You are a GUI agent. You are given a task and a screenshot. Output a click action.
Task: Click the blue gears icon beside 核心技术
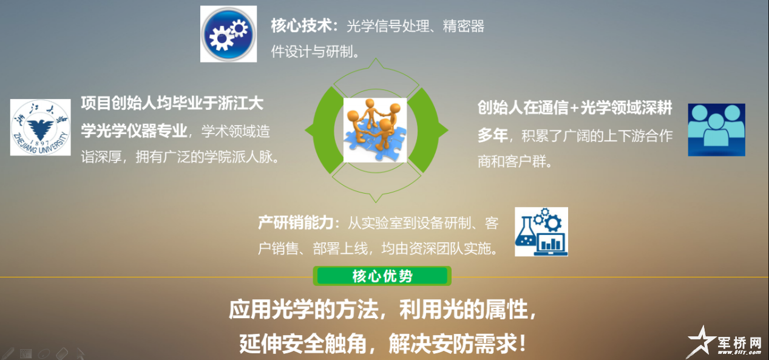click(228, 34)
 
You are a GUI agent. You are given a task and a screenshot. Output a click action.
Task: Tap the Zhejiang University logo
click(41, 127)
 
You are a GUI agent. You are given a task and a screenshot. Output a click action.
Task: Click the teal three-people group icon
click(716, 130)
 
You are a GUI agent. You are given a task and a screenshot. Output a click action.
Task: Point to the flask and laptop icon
click(541, 231)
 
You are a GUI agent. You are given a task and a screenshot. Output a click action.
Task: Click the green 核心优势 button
click(382, 276)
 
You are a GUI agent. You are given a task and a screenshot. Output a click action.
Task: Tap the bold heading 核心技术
click(302, 25)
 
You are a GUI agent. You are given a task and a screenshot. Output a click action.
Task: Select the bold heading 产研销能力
click(296, 223)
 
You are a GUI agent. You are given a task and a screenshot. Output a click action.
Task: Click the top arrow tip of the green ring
click(376, 58)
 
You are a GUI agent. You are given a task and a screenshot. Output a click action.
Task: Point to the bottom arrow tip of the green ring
click(376, 202)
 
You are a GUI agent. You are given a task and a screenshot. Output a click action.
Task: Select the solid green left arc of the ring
click(323, 130)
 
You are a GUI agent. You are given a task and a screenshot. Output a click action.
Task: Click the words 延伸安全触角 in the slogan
click(302, 344)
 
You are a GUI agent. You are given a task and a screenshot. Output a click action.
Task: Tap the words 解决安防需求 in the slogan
click(453, 344)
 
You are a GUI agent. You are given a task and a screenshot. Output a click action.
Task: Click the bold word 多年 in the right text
click(493, 135)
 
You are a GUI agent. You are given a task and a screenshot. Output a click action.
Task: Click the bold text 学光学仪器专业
click(134, 131)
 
